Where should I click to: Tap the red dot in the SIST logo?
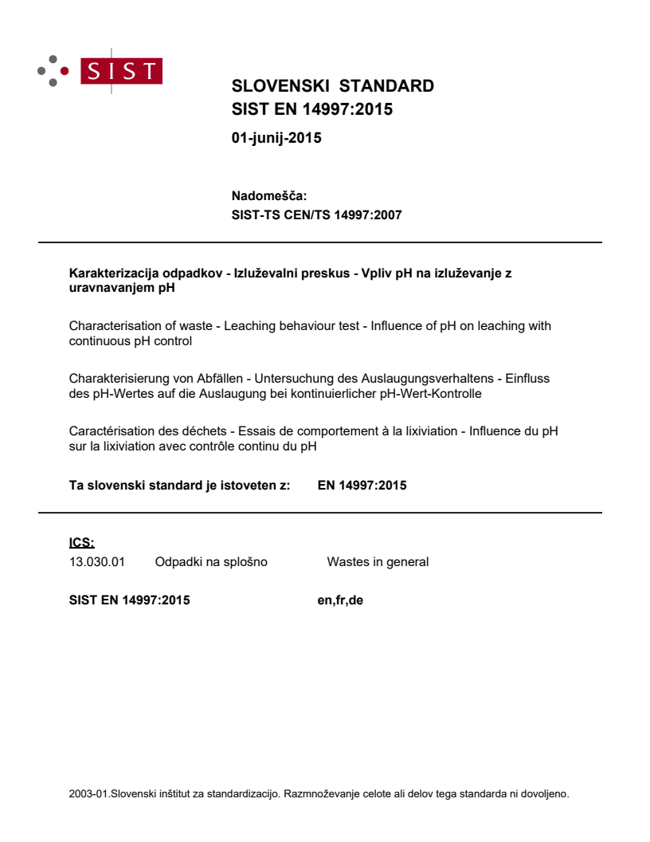(x=65, y=71)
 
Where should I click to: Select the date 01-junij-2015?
(x=276, y=138)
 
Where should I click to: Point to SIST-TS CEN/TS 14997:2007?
(x=316, y=214)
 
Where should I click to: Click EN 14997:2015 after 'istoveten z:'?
(x=362, y=485)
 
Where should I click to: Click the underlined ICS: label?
(x=81, y=543)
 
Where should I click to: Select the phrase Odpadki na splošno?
(x=211, y=562)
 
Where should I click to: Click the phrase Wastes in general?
(x=378, y=562)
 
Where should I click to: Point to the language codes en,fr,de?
(x=340, y=600)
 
